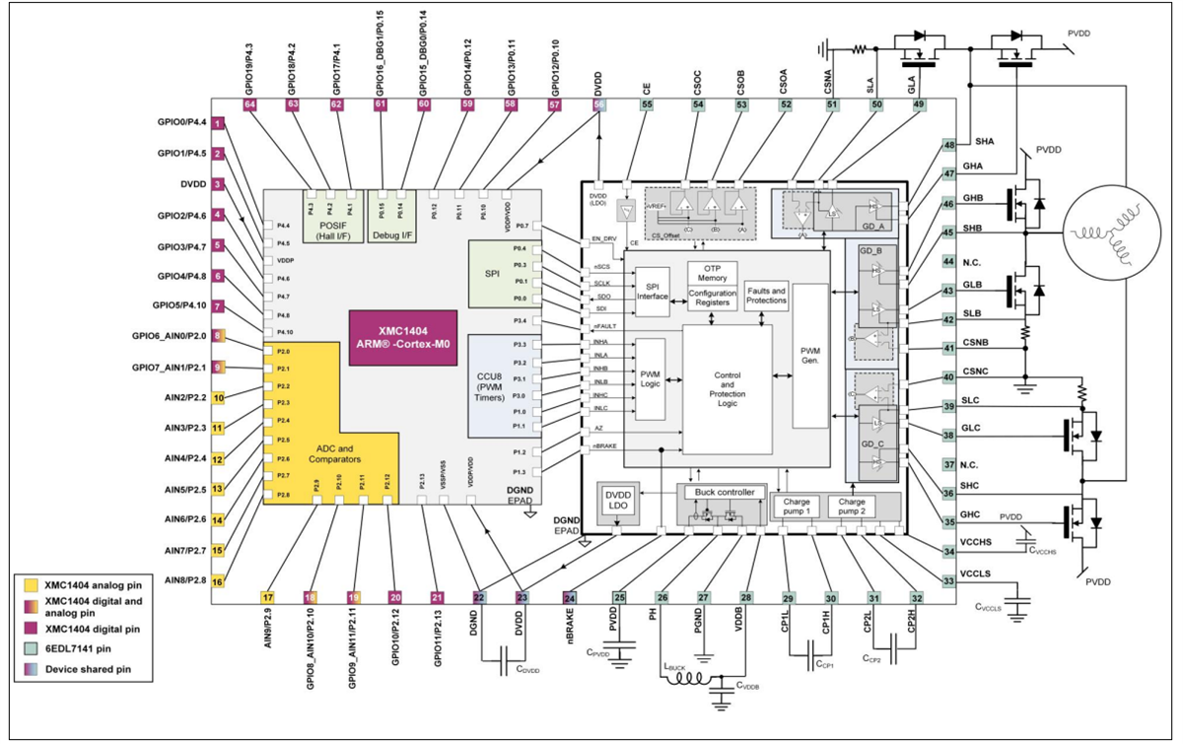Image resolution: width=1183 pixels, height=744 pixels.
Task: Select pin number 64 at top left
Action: [249, 103]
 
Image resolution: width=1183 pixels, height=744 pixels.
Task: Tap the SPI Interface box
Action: [653, 292]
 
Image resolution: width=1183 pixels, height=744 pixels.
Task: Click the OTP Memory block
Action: [712, 272]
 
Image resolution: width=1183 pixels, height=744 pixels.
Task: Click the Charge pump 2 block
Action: [853, 505]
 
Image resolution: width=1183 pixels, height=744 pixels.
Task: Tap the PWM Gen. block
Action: [810, 356]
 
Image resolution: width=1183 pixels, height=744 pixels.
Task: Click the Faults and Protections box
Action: [766, 296]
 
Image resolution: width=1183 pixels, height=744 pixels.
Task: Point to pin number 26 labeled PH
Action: [662, 597]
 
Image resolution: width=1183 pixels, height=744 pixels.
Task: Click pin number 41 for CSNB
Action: [948, 348]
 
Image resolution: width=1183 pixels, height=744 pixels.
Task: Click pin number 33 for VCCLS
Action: [948, 580]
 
